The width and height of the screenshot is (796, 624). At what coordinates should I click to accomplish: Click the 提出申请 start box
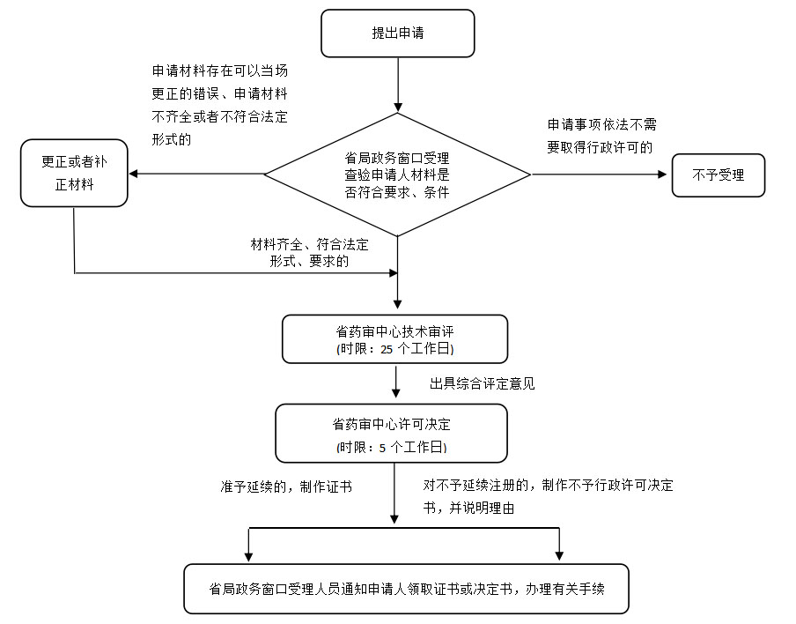click(397, 33)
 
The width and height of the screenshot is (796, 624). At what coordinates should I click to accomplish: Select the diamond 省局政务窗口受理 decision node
click(397, 175)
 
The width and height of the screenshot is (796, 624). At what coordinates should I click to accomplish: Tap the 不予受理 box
click(719, 175)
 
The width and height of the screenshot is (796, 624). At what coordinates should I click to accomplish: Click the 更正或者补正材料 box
click(74, 175)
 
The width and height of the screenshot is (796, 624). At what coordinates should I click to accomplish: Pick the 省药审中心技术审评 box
click(394, 339)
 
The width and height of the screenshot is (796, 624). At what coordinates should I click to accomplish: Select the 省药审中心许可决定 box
click(391, 434)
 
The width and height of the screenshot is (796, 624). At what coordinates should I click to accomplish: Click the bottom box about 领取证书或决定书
click(406, 589)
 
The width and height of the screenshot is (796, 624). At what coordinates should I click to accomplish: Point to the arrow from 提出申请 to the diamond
click(398, 85)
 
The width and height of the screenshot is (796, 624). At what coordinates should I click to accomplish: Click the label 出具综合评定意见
click(482, 383)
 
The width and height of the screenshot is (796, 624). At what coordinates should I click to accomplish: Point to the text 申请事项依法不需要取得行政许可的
click(601, 136)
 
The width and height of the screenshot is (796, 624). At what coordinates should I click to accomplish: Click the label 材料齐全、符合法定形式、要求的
click(310, 252)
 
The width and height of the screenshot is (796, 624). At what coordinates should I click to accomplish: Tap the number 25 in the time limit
click(387, 349)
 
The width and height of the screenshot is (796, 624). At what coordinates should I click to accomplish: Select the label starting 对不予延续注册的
click(548, 496)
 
